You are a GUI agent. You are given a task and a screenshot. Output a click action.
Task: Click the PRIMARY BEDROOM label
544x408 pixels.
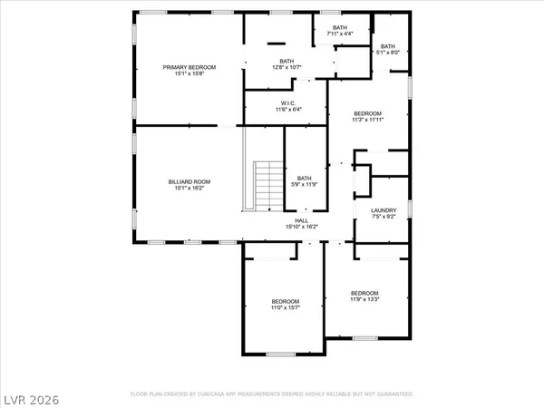[x=189, y=67]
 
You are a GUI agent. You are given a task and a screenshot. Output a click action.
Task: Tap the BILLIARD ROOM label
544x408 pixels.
[x=189, y=182]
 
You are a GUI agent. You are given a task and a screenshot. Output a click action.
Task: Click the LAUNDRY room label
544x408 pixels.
[x=384, y=210]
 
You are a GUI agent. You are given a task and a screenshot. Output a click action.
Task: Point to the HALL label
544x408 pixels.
[x=299, y=220]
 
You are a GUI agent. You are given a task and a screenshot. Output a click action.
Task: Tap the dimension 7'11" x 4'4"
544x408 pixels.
[x=340, y=34]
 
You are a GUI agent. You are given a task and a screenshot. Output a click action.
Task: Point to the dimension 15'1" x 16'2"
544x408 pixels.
[x=189, y=189]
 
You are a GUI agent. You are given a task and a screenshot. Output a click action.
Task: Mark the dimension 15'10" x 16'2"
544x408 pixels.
[x=299, y=227]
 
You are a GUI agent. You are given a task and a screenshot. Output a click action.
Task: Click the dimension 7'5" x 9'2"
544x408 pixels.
[x=384, y=218]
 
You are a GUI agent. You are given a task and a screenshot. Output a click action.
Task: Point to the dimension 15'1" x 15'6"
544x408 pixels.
[x=189, y=73]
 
